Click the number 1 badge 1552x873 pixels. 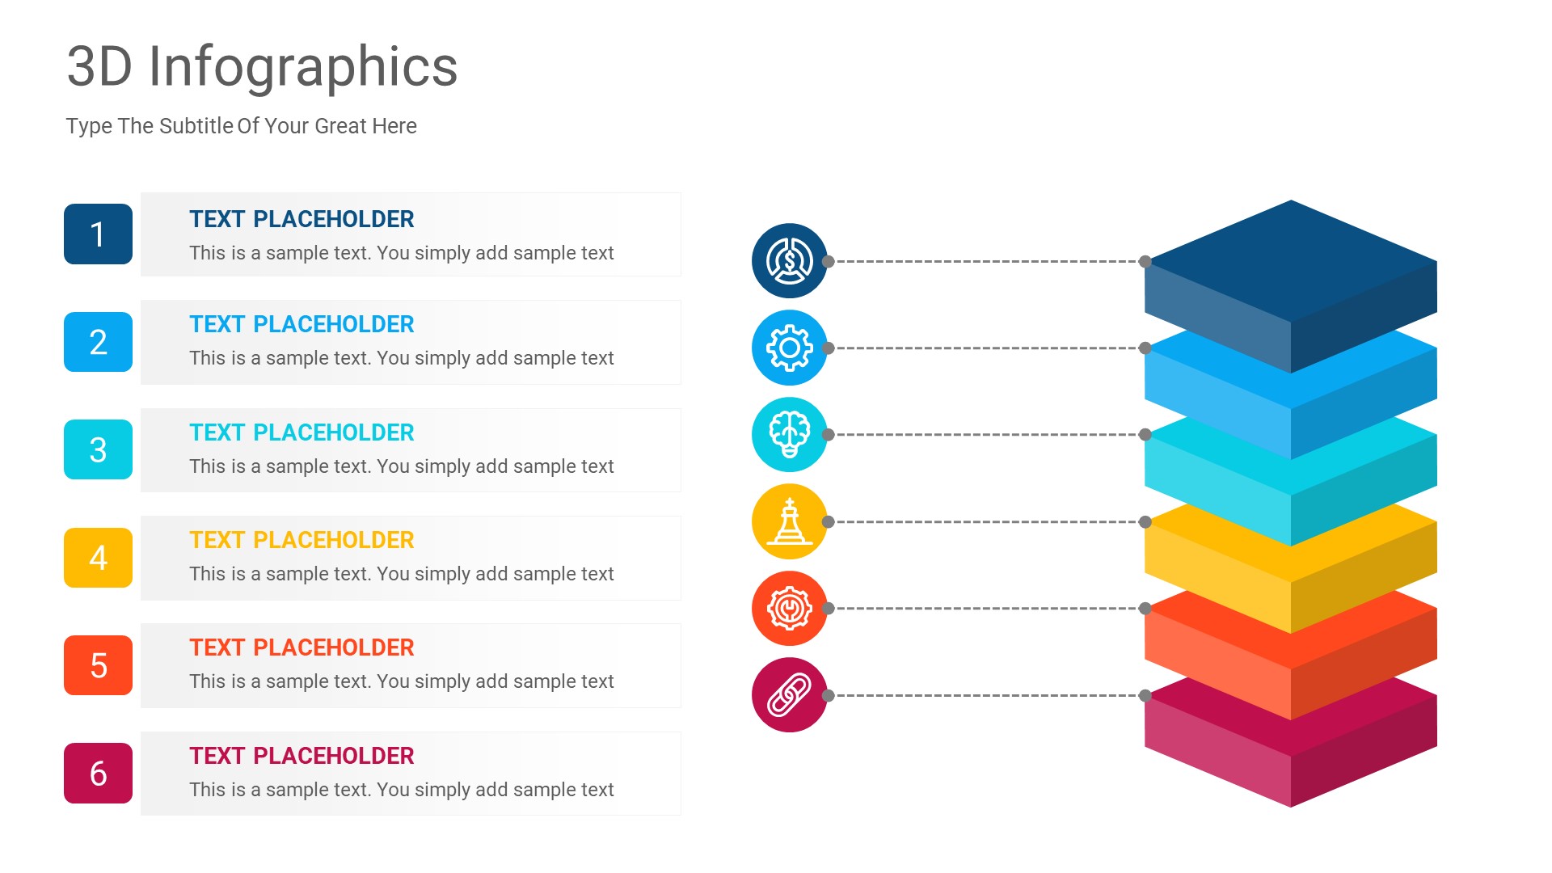pyautogui.click(x=98, y=234)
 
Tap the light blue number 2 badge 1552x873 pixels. pyautogui.click(x=98, y=342)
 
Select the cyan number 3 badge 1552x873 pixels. pyautogui.click(x=98, y=449)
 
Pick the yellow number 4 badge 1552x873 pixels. pyautogui.click(x=98, y=558)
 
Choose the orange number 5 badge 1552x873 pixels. pyautogui.click(x=98, y=665)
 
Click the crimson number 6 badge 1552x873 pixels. pyautogui.click(x=98, y=774)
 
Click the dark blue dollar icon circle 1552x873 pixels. pyautogui.click(x=789, y=261)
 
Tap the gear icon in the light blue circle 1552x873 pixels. pyautogui.click(x=789, y=348)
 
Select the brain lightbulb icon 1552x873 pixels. pyautogui.click(x=789, y=434)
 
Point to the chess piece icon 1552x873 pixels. pyautogui.click(x=789, y=521)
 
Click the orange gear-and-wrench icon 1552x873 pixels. pyautogui.click(x=789, y=608)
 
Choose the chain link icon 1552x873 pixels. pyautogui.click(x=789, y=695)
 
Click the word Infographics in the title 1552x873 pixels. pyautogui.click(x=302, y=66)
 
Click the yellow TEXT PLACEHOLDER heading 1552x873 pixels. pyautogui.click(x=302, y=540)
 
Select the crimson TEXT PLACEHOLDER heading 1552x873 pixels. pyautogui.click(x=302, y=756)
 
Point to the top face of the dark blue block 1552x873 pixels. pyautogui.click(x=1291, y=260)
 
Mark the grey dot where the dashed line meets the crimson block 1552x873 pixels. pyautogui.click(x=1145, y=695)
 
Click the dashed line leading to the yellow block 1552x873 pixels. pyautogui.click(x=986, y=521)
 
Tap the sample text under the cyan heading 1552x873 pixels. pyautogui.click(x=401, y=466)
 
